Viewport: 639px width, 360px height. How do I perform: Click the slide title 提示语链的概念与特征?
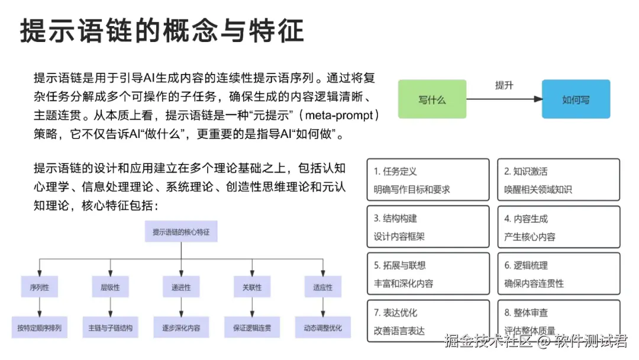coord(162,30)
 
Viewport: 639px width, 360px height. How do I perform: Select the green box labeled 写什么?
coord(432,99)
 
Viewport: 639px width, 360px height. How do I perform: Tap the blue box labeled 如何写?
coord(576,99)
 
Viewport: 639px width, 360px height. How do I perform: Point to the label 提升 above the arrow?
coord(504,85)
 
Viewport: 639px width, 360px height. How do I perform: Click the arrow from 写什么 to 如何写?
coord(504,99)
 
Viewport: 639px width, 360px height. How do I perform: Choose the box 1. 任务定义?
coord(428,180)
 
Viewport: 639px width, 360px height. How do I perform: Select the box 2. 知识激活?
coord(558,180)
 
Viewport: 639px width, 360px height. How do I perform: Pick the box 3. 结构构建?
coord(428,227)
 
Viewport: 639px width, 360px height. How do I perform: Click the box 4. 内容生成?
coord(558,227)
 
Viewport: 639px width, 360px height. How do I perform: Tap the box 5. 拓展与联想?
coord(428,274)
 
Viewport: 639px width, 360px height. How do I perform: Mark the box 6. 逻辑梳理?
coord(558,274)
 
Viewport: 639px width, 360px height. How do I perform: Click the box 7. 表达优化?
coord(428,321)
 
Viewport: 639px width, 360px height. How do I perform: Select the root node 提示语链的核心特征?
coord(181,232)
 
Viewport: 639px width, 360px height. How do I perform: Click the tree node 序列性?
coord(39,288)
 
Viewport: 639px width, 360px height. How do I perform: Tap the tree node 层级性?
coord(110,288)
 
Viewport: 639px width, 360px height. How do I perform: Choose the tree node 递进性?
coord(181,288)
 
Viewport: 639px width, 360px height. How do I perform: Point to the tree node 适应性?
coord(323,288)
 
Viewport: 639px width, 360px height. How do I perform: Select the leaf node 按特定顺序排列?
coord(39,327)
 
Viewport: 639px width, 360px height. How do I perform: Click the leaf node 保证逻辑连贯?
coord(252,327)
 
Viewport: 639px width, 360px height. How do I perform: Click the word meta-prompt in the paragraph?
coord(340,115)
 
